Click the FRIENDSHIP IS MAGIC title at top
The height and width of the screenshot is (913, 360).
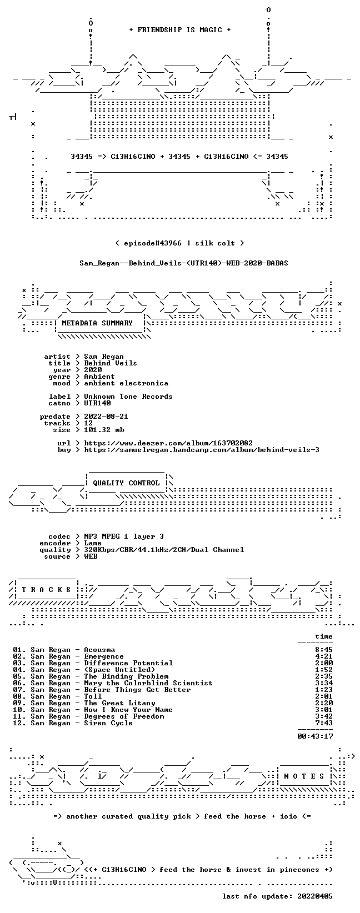(x=180, y=30)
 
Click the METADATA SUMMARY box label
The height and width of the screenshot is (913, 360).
(x=97, y=323)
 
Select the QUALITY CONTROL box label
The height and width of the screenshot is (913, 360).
(x=126, y=483)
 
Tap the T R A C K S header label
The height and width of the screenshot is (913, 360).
(x=46, y=589)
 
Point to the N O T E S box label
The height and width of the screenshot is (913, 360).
(x=304, y=776)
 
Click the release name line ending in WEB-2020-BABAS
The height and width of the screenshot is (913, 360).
(x=183, y=263)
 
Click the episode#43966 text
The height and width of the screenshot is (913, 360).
(x=152, y=243)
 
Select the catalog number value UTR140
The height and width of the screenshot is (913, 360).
(x=97, y=403)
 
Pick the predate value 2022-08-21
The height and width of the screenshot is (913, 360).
(x=106, y=417)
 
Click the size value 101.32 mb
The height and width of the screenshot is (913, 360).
(x=104, y=430)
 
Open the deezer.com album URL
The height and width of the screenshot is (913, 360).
(x=168, y=443)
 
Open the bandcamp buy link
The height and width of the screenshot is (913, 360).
(x=202, y=450)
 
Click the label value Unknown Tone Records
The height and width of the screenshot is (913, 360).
(x=128, y=397)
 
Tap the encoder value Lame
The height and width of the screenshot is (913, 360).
(x=93, y=543)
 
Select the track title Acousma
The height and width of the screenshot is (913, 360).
(x=99, y=650)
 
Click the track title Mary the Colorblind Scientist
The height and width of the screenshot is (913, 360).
(x=148, y=683)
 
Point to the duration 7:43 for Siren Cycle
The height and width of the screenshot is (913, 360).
(x=324, y=723)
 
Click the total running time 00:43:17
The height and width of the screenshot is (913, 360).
(x=315, y=736)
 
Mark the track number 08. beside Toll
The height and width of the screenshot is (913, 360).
(x=19, y=696)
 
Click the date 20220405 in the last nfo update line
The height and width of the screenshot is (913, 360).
(x=315, y=896)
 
